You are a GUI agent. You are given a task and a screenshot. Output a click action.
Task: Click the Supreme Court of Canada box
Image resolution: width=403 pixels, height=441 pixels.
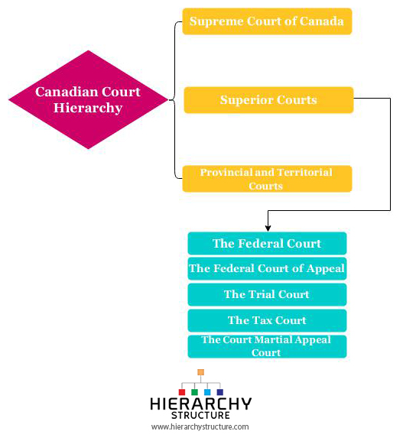pos(267,21)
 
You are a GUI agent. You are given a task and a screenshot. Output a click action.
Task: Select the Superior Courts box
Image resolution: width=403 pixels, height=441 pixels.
pos(268,100)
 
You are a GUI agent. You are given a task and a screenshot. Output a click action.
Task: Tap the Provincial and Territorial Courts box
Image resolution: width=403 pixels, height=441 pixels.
pos(267,179)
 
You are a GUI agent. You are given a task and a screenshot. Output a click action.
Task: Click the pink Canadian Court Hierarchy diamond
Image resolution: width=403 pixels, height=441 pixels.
pos(89,99)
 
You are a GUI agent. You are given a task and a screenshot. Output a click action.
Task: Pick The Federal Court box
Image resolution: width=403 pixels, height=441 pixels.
pos(267,243)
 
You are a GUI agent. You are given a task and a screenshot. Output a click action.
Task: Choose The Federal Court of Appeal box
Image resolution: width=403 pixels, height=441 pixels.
pos(267,268)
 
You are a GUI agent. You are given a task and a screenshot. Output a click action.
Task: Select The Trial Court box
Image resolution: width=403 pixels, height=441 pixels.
pos(267,294)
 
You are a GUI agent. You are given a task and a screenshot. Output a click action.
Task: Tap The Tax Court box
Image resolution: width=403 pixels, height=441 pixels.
pos(267,320)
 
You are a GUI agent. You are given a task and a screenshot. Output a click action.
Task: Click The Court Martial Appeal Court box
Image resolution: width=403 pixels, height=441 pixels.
pos(267,346)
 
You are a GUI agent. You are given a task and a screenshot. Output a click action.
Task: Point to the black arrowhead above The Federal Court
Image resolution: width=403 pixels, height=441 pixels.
pos(268,228)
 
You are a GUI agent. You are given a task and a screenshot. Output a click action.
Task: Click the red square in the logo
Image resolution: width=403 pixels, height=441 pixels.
pos(182,392)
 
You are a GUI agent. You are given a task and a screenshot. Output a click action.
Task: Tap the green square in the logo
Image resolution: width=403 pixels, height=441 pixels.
pos(194,392)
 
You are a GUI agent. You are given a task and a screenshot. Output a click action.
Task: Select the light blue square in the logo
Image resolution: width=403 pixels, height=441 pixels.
pos(207,392)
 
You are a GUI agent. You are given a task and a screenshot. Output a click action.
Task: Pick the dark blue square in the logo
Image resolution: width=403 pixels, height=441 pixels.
pos(220,392)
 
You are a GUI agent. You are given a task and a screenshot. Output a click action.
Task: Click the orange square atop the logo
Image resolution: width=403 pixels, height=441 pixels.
pos(200,372)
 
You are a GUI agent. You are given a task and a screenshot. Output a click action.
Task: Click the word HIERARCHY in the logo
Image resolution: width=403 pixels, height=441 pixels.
pos(201,404)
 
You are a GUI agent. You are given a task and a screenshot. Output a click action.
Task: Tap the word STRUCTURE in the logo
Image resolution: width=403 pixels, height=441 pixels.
pos(200,416)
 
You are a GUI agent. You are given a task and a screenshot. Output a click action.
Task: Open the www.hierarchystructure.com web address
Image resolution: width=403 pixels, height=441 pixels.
pos(200,427)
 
